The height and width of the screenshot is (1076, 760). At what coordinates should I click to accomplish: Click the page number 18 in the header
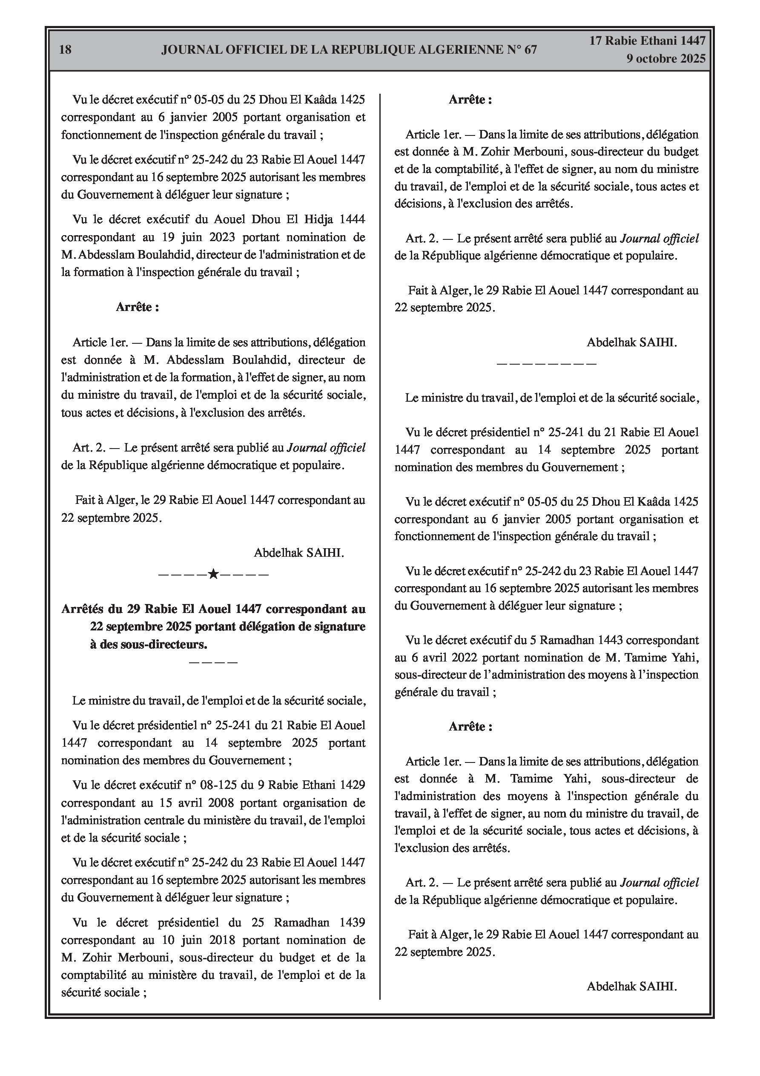66,50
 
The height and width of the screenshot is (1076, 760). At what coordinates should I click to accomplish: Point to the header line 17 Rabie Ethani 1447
647,41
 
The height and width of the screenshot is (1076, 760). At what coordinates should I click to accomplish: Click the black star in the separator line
213,574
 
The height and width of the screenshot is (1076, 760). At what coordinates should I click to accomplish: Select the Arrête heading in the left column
137,308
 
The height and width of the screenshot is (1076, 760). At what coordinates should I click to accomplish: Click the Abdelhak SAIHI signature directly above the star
298,553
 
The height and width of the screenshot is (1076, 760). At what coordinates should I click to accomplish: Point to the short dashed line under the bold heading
213,662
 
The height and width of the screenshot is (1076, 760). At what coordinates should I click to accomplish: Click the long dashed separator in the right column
546,363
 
